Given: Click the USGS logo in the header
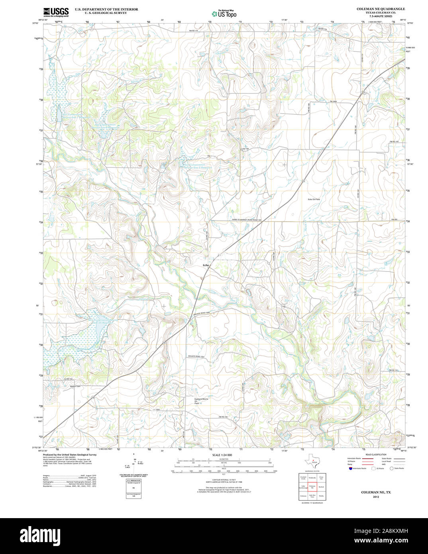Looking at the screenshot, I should pyautogui.click(x=56, y=12).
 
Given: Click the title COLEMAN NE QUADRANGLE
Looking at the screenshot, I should pyautogui.click(x=380, y=9).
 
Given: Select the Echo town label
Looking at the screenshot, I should pyautogui.click(x=206, y=265).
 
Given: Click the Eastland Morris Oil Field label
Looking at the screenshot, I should pyautogui.click(x=201, y=401).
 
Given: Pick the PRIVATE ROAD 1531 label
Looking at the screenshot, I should pyautogui.click(x=196, y=356).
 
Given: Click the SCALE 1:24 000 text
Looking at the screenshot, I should pyautogui.click(x=222, y=455).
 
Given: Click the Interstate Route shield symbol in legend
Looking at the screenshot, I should pyautogui.click(x=350, y=468).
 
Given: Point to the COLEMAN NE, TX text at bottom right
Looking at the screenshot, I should pyautogui.click(x=376, y=492).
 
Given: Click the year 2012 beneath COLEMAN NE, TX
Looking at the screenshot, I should pyautogui.click(x=376, y=497).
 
